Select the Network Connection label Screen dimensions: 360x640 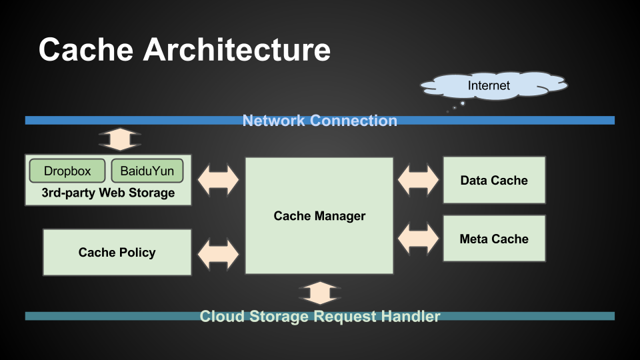tap(320, 121)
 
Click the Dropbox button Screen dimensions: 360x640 tap(67, 171)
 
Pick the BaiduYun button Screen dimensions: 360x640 tap(147, 171)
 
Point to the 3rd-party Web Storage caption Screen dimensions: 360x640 tap(108, 193)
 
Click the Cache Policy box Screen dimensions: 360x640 tap(117, 252)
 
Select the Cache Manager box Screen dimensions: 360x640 tap(319, 215)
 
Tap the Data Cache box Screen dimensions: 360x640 tap(494, 180)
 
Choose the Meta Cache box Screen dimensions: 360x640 tap(494, 239)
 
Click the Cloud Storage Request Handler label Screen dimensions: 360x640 tap(320, 316)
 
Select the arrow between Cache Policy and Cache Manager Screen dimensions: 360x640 tap(219, 253)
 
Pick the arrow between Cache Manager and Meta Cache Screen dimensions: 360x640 tap(419, 238)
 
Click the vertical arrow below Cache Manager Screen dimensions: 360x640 tap(320, 293)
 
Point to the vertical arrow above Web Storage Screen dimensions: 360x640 tap(120, 139)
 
